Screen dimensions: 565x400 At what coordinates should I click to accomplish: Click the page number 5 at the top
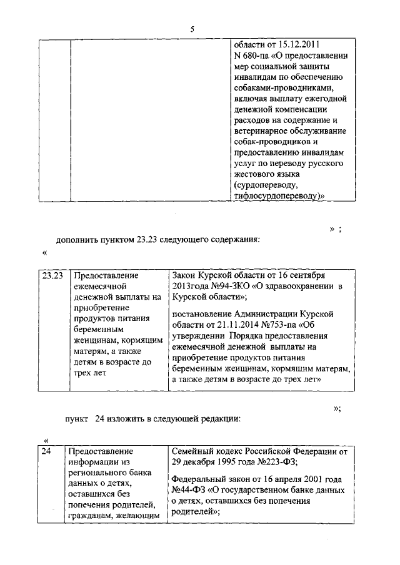(x=192, y=29)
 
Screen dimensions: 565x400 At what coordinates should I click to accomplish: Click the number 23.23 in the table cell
(x=52, y=275)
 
